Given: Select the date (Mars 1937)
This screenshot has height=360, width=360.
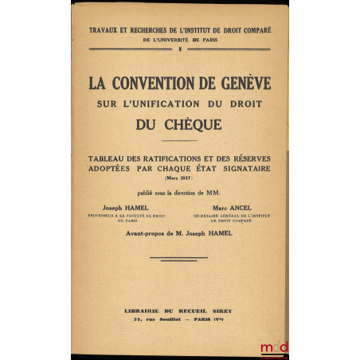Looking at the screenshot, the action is tap(179, 178).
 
